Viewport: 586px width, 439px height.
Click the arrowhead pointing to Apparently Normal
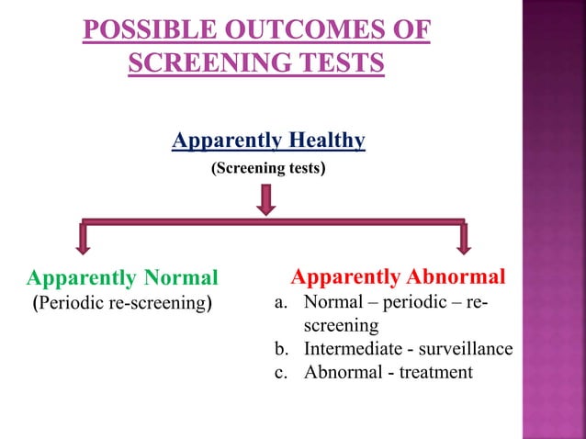pos(84,243)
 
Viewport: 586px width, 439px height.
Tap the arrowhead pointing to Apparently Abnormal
pos(463,243)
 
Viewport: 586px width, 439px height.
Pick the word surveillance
pos(466,349)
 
